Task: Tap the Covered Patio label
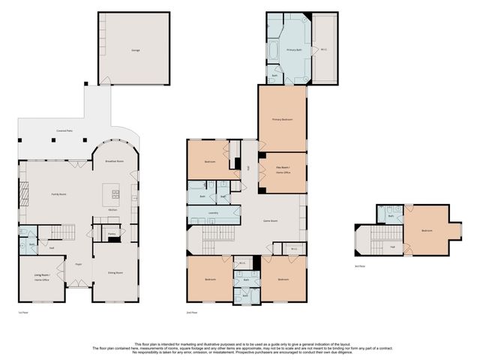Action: (x=64, y=131)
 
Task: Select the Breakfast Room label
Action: (x=115, y=161)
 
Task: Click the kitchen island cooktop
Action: (x=116, y=192)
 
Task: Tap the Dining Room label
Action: (x=114, y=272)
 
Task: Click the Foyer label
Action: (x=77, y=264)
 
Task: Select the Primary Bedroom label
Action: (x=282, y=119)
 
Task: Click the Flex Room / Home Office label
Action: (x=282, y=172)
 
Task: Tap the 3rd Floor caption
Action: (x=360, y=265)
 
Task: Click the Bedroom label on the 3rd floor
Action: (x=427, y=230)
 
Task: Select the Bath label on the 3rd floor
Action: (x=392, y=216)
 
